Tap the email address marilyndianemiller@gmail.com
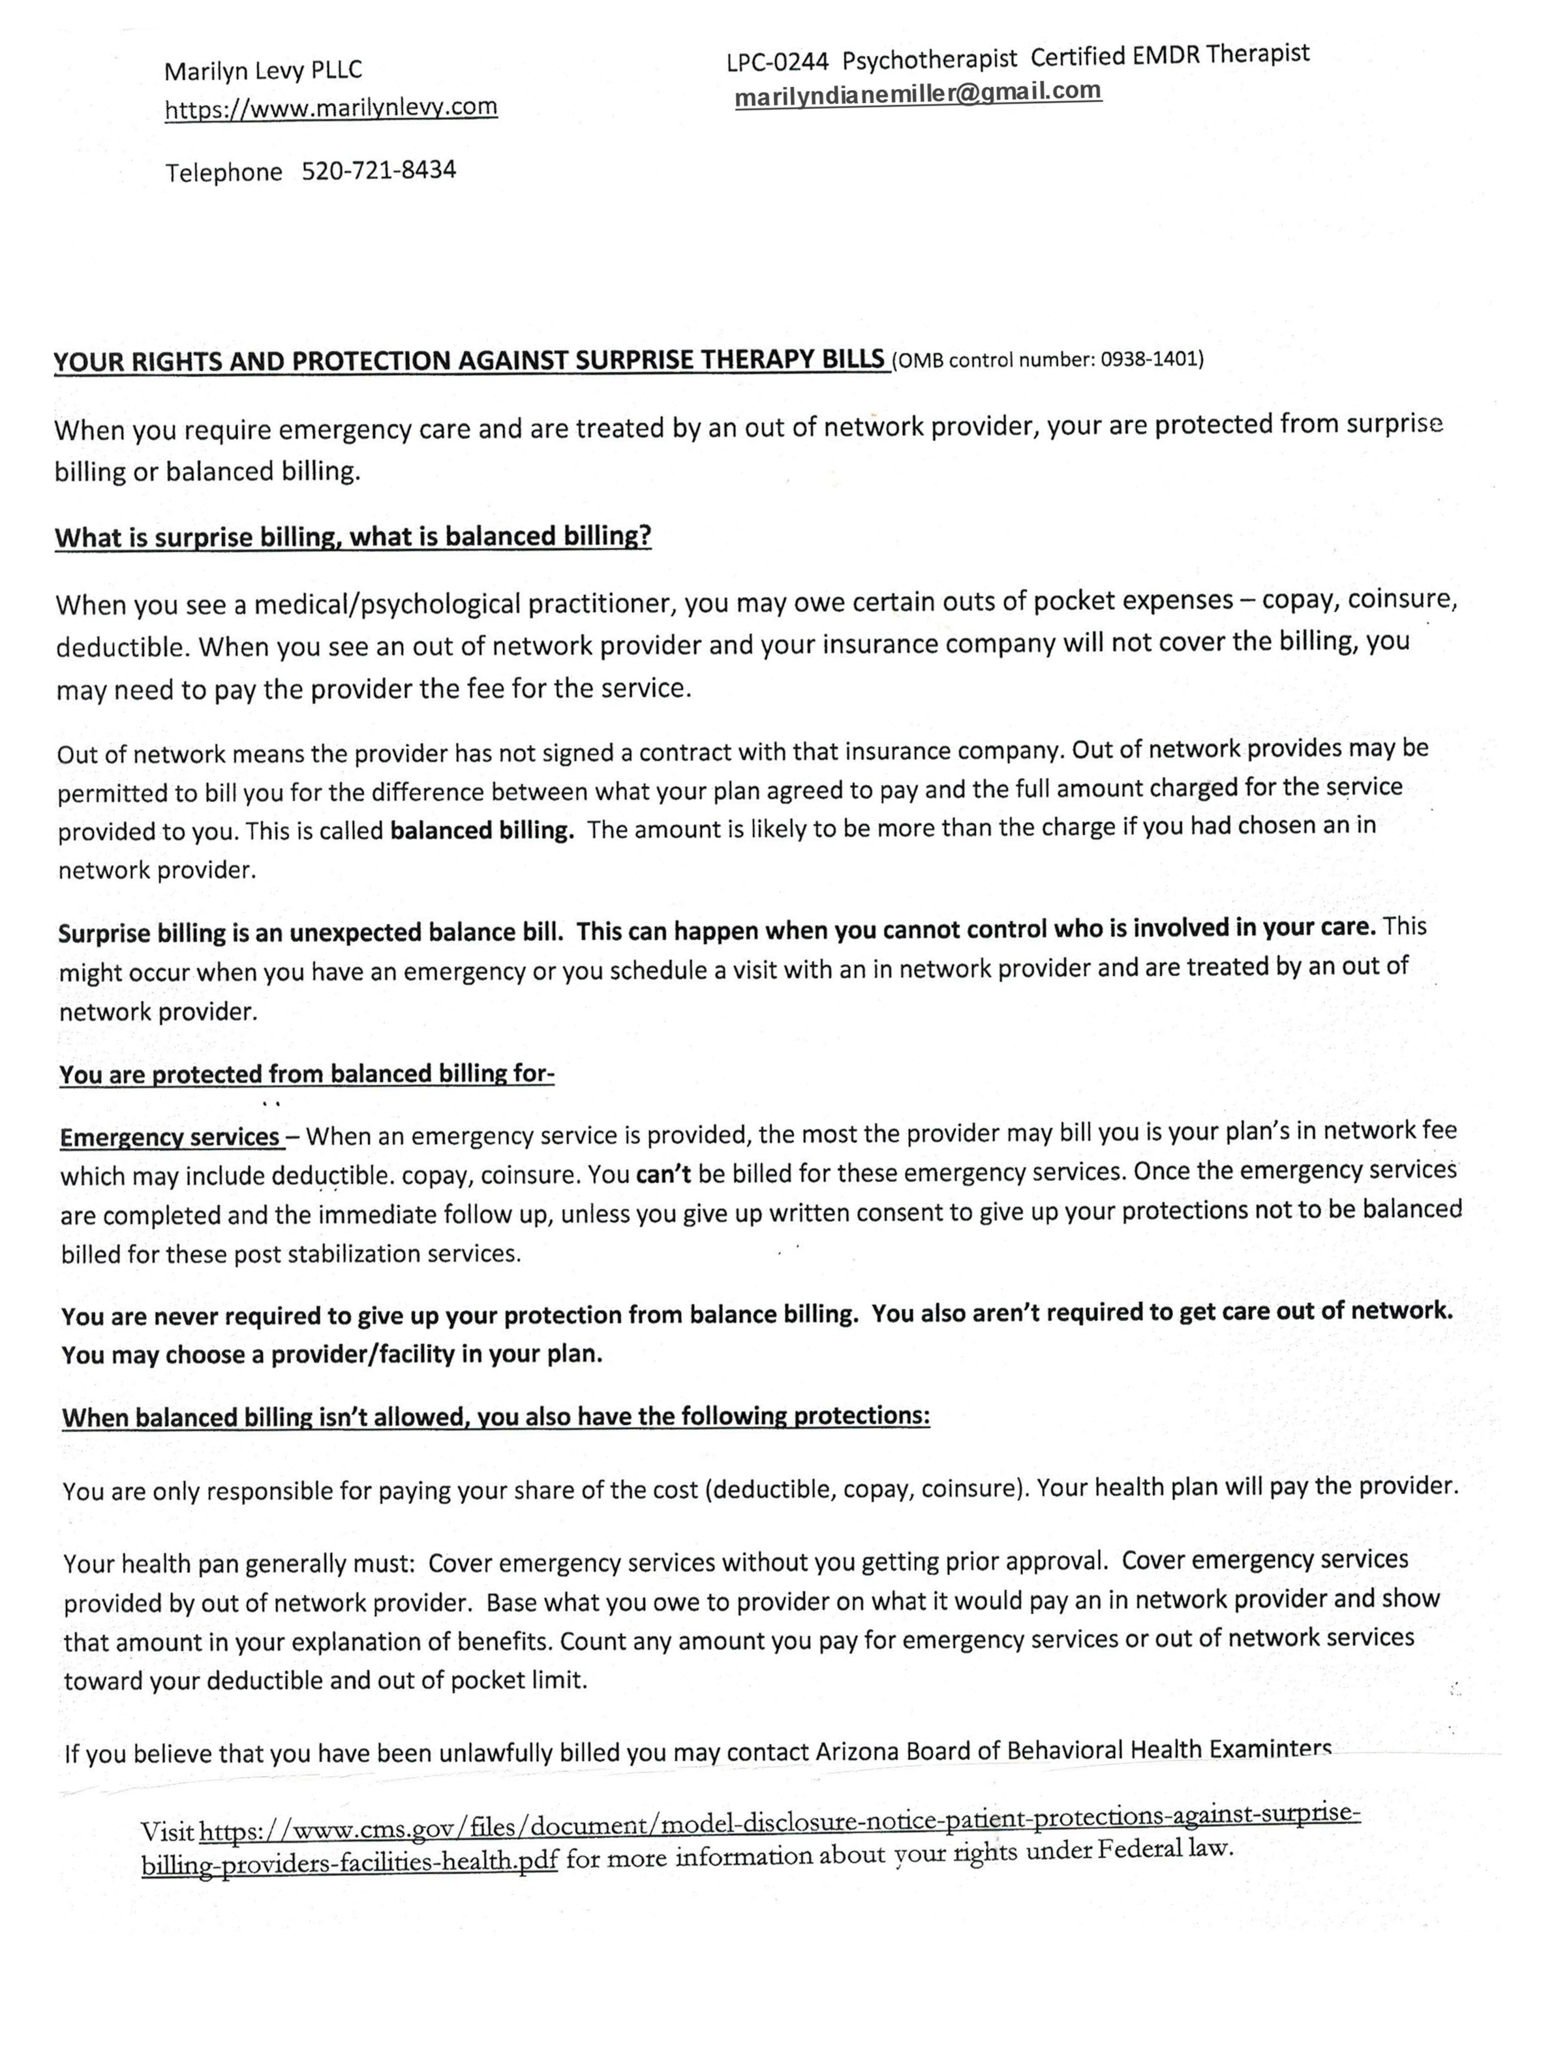click(918, 95)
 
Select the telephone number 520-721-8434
click(378, 171)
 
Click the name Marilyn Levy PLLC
click(263, 70)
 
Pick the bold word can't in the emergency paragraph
click(663, 1174)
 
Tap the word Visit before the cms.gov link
click(168, 1833)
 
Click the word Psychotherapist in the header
click(930, 59)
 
